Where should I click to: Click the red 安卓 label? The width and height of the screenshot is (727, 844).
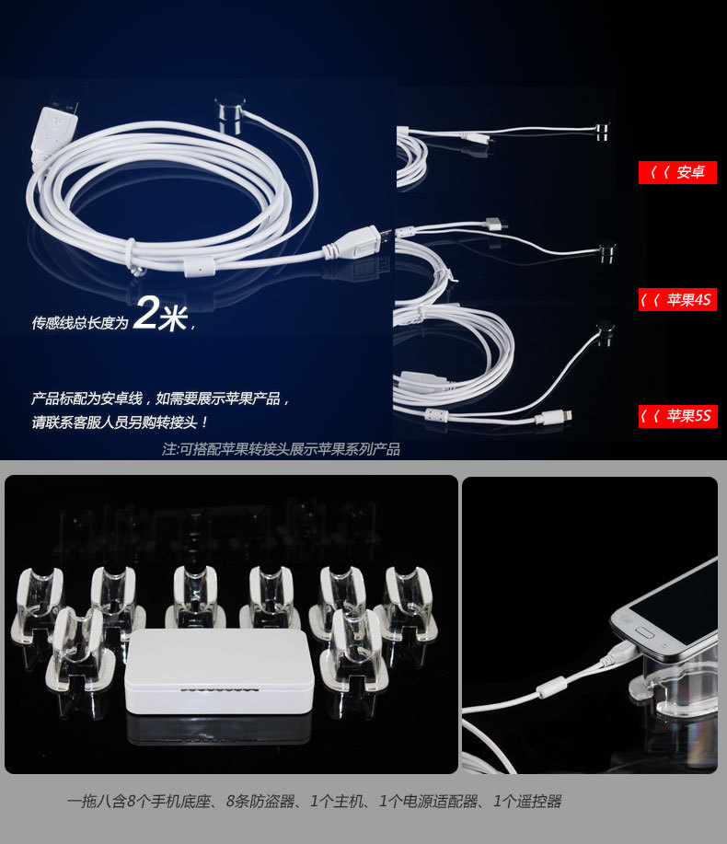coord(677,172)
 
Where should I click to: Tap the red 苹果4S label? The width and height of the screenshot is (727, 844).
coord(677,299)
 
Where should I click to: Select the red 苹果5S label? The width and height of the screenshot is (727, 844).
coord(677,415)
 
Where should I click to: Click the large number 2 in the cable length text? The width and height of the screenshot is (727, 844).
coord(145,312)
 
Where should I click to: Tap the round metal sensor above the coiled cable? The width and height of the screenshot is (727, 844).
coord(231,112)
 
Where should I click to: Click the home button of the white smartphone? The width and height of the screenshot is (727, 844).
coord(645,631)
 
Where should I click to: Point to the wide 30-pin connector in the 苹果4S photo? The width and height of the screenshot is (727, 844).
coord(496,224)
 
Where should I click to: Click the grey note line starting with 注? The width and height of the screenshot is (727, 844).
coord(281,449)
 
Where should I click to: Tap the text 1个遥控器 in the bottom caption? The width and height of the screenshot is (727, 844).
coord(527,802)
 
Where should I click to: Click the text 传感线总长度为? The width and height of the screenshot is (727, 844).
coord(80,322)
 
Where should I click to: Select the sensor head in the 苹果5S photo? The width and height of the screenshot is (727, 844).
coord(605,332)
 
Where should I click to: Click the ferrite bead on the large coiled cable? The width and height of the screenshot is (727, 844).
coord(197,266)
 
